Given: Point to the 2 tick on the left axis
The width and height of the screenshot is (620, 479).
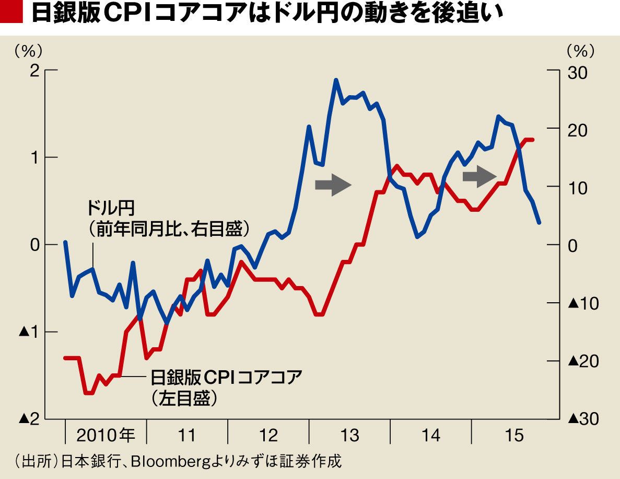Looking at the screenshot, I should point(34,71).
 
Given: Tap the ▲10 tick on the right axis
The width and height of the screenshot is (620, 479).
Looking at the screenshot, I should point(581,303).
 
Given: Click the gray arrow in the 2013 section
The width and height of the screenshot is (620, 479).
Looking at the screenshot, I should point(333,185).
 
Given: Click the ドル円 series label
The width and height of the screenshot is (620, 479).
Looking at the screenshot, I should point(110,209).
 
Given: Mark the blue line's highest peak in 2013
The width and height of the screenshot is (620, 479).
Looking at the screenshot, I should point(336,80).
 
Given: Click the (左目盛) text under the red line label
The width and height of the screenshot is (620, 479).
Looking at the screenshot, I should point(184,398).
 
